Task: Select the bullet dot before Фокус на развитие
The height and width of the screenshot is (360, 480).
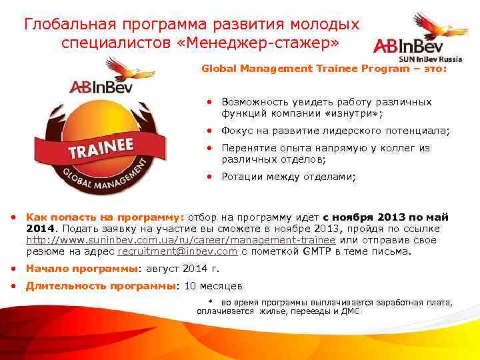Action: (x=209, y=131)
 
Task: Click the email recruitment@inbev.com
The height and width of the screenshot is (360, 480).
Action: (x=178, y=251)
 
